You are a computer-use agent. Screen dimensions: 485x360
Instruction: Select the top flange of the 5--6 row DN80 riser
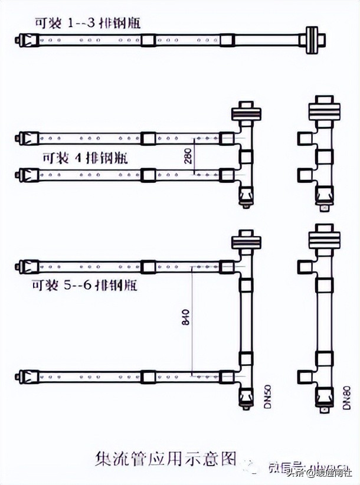325,240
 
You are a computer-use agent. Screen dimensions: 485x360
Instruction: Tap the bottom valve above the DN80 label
325,394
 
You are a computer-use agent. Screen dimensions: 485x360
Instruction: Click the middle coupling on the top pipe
149,40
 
